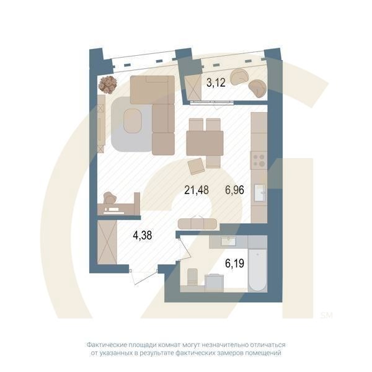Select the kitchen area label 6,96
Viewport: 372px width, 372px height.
pyautogui.click(x=234, y=190)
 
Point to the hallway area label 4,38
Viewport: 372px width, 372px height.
pyautogui.click(x=142, y=235)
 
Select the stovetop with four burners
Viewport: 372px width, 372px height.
pyautogui.click(x=258, y=161)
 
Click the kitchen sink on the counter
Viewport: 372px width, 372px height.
pyautogui.click(x=259, y=192)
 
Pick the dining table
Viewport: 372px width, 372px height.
pyautogui.click(x=205, y=143)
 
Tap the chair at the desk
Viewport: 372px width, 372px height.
pyautogui.click(x=110, y=199)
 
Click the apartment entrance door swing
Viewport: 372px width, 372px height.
pyautogui.click(x=141, y=277)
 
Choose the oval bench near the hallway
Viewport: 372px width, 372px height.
pyautogui.click(x=197, y=223)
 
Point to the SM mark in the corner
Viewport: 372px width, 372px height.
pyautogui.click(x=327, y=315)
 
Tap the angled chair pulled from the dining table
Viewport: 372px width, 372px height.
pyautogui.click(x=197, y=166)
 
